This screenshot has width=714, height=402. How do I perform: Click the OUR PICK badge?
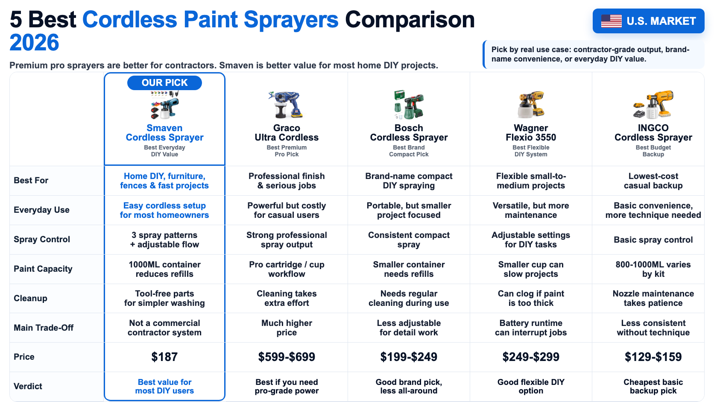pos(164,82)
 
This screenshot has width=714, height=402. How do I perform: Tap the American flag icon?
pos(611,21)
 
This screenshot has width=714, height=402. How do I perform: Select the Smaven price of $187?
pos(164,357)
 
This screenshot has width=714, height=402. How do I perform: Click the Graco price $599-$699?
pos(287,357)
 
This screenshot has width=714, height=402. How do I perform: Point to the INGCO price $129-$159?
pos(653,357)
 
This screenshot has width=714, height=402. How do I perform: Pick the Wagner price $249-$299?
pos(531,357)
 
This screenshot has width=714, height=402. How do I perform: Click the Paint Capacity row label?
pos(43,269)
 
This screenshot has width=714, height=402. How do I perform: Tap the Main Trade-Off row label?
pos(44,328)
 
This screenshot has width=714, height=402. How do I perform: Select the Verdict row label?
pos(28,386)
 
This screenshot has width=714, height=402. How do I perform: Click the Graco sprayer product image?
pos(286,105)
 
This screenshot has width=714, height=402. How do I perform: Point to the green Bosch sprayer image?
pos(409,105)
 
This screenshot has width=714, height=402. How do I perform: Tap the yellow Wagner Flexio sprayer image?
pos(531,105)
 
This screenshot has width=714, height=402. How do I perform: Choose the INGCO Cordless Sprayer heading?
pos(653,132)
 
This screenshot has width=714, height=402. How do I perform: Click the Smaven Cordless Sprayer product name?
pos(164,132)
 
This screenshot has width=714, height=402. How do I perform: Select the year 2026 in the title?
pos(35,43)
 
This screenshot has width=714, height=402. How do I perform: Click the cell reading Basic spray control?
pos(653,240)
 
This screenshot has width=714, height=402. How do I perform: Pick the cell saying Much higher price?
pos(287,328)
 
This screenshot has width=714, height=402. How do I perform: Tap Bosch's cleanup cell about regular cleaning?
pos(409,298)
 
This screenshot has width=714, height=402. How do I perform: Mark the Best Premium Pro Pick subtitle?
pos(287,151)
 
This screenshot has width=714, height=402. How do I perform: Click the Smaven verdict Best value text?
pos(164,386)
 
